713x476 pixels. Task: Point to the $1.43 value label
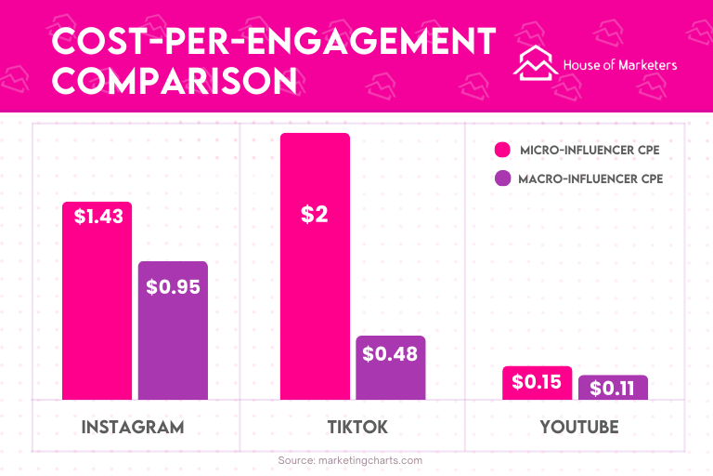(x=98, y=217)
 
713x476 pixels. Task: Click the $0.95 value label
(x=173, y=286)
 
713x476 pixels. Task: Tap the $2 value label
(x=315, y=215)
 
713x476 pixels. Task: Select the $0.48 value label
(x=390, y=353)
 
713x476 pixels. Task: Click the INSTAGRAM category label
(x=133, y=428)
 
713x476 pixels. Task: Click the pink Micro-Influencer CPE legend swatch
(x=503, y=150)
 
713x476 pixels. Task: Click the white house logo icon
(x=536, y=63)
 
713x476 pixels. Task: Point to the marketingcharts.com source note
(x=350, y=460)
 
